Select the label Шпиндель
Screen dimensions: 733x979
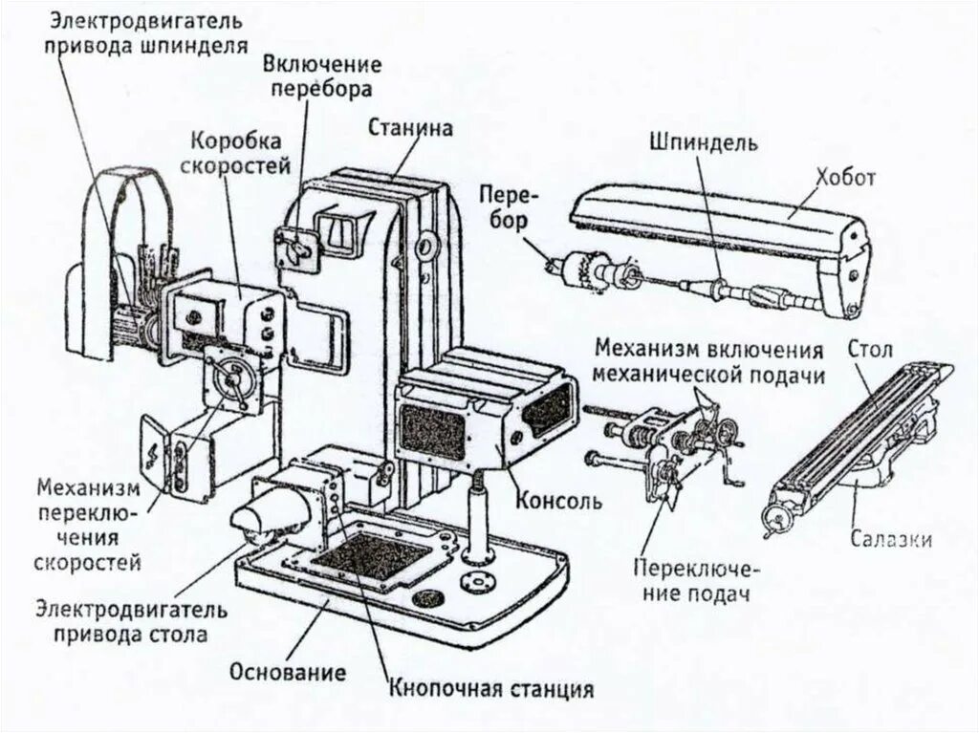[703, 142]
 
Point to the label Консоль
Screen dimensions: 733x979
[558, 501]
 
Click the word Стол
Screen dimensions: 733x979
[869, 350]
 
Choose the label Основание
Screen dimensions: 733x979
[287, 672]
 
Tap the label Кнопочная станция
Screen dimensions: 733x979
[491, 688]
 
